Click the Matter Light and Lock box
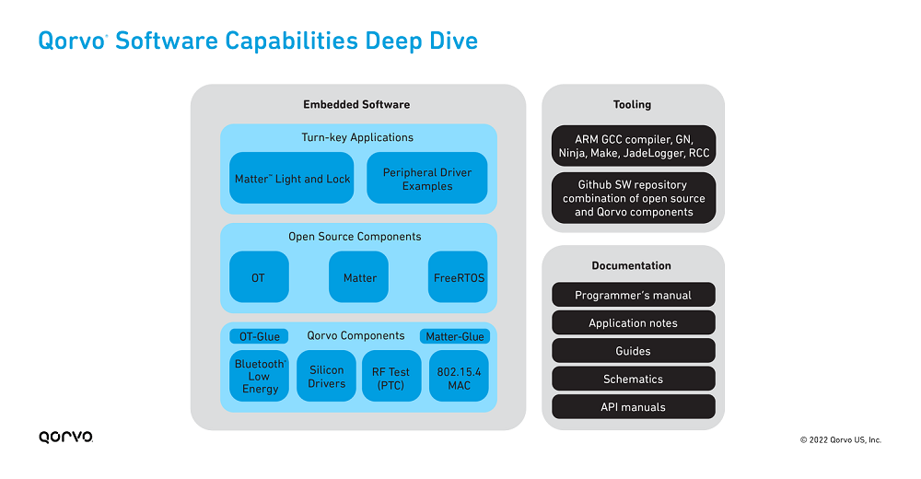(291, 178)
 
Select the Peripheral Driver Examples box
(427, 178)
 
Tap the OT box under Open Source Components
(259, 277)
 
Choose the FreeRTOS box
(458, 277)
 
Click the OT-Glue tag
(259, 336)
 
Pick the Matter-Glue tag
(455, 336)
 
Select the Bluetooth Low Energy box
(259, 376)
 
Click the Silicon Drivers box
(327, 376)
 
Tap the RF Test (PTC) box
(391, 376)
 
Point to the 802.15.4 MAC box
(459, 376)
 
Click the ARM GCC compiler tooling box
(634, 146)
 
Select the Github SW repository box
(634, 198)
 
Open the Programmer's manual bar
(634, 295)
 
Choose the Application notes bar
(634, 322)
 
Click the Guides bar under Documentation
(634, 350)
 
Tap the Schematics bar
(634, 379)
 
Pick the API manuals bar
(634, 407)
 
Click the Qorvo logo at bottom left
(65, 437)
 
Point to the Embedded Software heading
(356, 105)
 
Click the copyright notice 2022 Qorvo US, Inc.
(841, 439)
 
